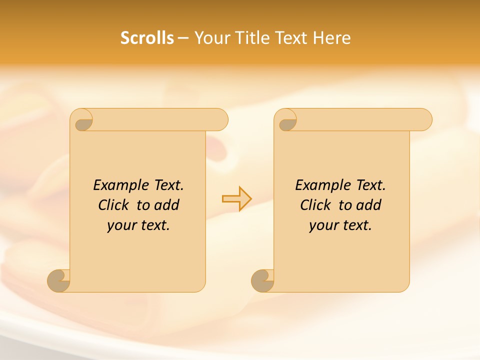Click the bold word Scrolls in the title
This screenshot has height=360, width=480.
[x=147, y=38]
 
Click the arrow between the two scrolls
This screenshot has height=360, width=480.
[x=236, y=198]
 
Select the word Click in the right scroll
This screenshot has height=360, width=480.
[x=315, y=205]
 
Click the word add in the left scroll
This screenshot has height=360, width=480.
[x=166, y=205]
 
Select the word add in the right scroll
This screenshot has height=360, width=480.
[x=368, y=205]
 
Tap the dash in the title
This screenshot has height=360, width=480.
[x=183, y=38]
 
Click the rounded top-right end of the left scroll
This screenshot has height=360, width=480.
[x=220, y=119]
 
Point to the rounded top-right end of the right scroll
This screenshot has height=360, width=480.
[x=424, y=119]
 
